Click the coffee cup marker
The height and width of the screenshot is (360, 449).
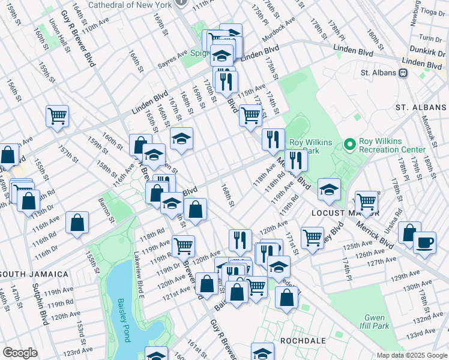click(424, 242)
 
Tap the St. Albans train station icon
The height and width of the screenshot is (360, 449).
click(403, 73)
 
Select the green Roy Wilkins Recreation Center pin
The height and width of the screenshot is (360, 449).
click(349, 145)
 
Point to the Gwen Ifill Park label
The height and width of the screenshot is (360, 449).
click(376, 322)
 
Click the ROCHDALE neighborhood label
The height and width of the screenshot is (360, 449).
click(303, 340)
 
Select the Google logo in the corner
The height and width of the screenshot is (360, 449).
click(20, 353)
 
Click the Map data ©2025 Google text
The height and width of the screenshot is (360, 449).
click(411, 355)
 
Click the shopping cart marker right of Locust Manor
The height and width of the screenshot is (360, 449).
click(366, 202)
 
